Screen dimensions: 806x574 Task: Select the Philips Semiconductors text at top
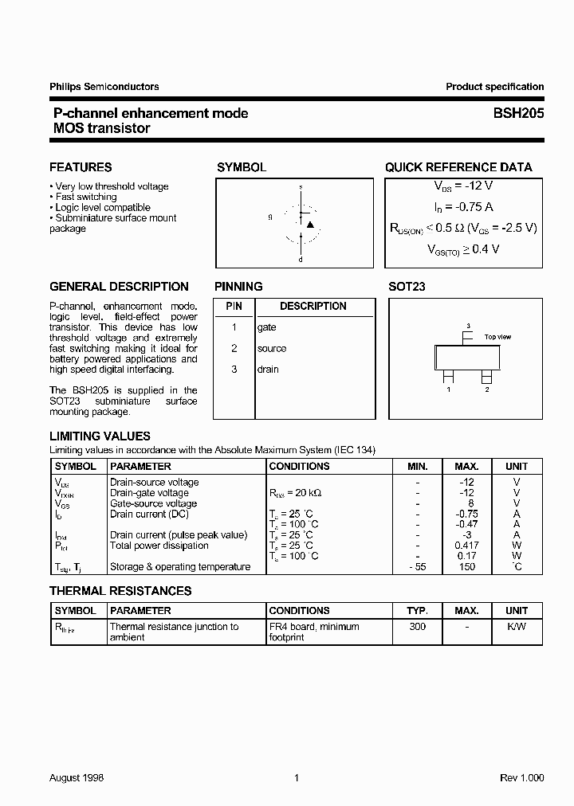point(104,87)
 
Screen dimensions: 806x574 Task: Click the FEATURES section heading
point(81,167)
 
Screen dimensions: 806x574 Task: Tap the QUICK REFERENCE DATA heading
point(458,167)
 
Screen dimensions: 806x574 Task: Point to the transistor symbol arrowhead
point(310,225)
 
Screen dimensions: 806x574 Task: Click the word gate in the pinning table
point(266,327)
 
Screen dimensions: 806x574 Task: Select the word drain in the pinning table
point(268,369)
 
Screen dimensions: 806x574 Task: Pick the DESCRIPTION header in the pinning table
point(313,306)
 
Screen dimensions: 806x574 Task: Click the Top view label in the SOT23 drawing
point(497,337)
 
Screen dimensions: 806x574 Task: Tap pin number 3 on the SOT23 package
point(468,326)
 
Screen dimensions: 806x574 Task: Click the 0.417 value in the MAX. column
point(466,546)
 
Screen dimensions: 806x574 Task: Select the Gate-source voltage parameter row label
point(153,503)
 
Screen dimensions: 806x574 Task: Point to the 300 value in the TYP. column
point(417,627)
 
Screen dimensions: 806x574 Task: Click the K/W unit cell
point(516,627)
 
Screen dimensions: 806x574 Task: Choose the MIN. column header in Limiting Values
point(417,466)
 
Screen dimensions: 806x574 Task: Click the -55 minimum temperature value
point(417,567)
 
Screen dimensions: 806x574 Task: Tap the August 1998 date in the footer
point(77,777)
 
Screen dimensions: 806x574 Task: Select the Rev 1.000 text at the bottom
point(522,777)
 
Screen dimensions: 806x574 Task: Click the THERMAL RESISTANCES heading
point(120,591)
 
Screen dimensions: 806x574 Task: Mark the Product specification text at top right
point(494,87)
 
